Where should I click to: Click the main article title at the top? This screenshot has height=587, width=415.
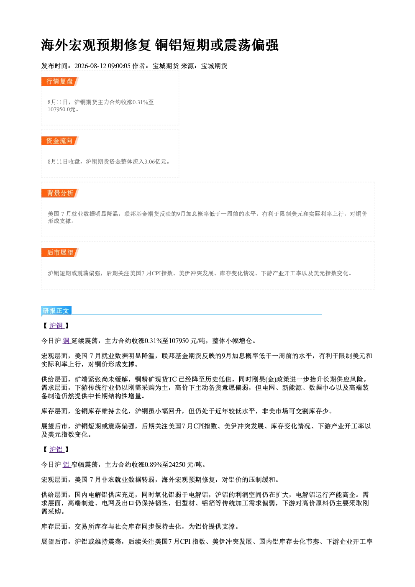pyautogui.click(x=159, y=45)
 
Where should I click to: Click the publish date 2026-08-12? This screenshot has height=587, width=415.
pyautogui.click(x=90, y=66)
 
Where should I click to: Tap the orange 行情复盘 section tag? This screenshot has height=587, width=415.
pyautogui.click(x=59, y=81)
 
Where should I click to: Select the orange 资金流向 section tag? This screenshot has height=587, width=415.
pyautogui.click(x=59, y=141)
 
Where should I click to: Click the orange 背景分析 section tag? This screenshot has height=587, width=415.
pyautogui.click(x=59, y=193)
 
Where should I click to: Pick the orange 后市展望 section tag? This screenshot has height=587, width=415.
pyautogui.click(x=59, y=253)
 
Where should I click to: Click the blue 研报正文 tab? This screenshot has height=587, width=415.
pyautogui.click(x=56, y=310)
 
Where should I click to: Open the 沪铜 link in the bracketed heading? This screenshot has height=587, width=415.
pyautogui.click(x=56, y=326)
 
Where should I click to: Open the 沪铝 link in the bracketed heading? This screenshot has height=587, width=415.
pyautogui.click(x=56, y=449)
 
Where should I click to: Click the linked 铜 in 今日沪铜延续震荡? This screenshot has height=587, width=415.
pyautogui.click(x=66, y=341)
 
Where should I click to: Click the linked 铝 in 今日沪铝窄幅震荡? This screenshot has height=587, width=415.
pyautogui.click(x=66, y=464)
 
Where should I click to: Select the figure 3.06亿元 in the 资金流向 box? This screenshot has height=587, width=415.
pyautogui.click(x=155, y=161)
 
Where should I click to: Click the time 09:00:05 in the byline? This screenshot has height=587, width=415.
pyautogui.click(x=119, y=66)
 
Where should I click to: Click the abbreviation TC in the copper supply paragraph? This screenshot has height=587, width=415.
pyautogui.click(x=172, y=379)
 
